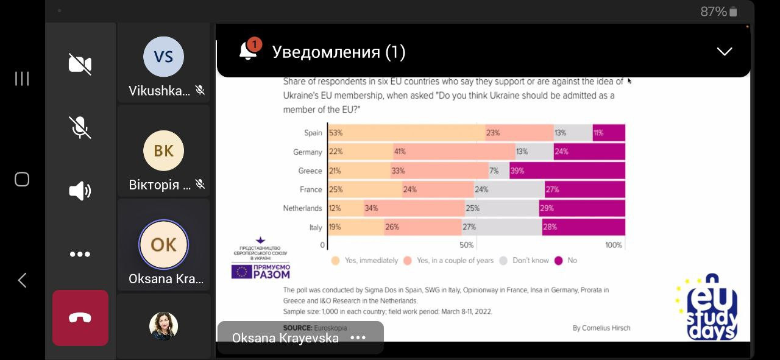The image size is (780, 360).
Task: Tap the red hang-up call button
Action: [80, 318]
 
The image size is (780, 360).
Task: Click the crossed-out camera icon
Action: [80, 64]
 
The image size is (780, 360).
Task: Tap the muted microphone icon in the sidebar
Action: [80, 127]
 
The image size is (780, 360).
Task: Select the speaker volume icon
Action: [80, 191]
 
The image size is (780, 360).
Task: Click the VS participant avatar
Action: [163, 57]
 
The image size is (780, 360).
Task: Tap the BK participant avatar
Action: [163, 150]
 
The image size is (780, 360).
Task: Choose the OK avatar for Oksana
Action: [163, 244]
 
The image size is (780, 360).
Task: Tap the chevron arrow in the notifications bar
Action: [724, 52]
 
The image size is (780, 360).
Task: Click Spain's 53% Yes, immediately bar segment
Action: [406, 133]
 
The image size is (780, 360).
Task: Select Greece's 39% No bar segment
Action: [567, 171]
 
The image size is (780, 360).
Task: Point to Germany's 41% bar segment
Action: [454, 152]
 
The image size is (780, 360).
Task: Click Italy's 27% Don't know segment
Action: [502, 227]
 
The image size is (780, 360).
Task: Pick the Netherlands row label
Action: [302, 208]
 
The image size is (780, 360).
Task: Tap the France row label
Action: [310, 189]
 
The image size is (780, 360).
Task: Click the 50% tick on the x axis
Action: [466, 245]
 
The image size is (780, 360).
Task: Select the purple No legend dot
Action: [558, 261]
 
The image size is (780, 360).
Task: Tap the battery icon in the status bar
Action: [733, 12]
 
